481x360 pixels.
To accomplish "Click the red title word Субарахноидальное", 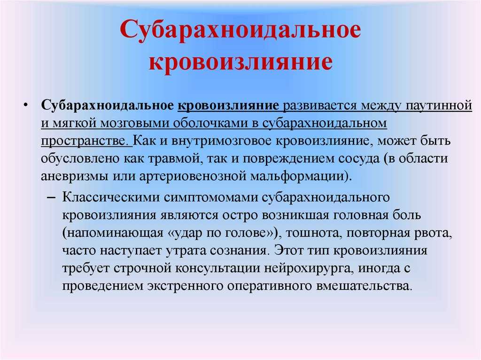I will point(240,34).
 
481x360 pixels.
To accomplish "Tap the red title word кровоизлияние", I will point(240,63).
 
